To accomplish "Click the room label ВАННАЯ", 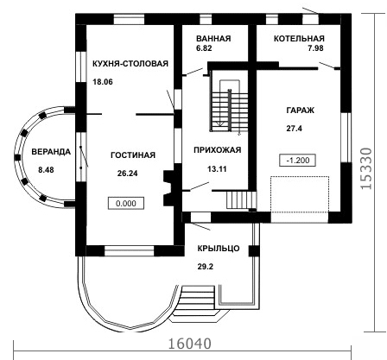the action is click(x=213, y=39).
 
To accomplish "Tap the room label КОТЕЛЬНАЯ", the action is click(x=299, y=39).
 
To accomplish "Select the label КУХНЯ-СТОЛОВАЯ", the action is click(x=130, y=64).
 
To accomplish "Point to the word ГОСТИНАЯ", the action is click(x=133, y=155).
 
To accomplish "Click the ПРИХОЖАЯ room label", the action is click(x=218, y=150).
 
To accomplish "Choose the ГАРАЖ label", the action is click(x=301, y=111).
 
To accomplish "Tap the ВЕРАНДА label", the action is click(x=51, y=152).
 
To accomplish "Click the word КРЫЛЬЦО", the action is click(x=219, y=248).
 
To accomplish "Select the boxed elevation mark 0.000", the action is click(x=126, y=204).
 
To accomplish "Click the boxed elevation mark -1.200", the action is click(x=298, y=161).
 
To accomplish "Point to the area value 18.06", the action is click(x=103, y=82).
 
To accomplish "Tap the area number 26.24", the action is click(x=128, y=174).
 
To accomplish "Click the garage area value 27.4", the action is click(x=294, y=129).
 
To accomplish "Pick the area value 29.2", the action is click(x=206, y=267).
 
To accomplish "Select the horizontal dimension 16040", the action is click(x=189, y=344).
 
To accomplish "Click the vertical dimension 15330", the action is click(x=366, y=168).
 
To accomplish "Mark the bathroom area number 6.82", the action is click(x=204, y=48).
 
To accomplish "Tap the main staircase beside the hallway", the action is click(x=230, y=106).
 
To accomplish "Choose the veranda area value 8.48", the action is click(x=46, y=170).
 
